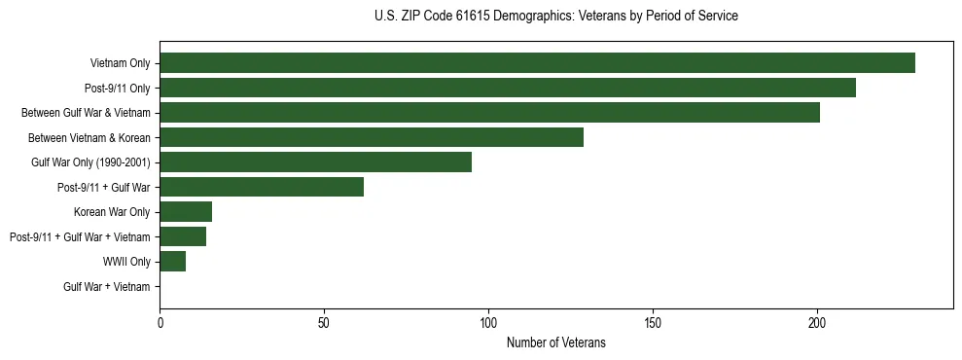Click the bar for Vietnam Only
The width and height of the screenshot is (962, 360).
(x=537, y=63)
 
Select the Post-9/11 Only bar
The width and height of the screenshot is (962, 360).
(x=508, y=88)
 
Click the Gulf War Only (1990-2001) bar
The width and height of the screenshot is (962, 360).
(x=315, y=162)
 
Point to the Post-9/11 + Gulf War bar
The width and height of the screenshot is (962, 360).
(x=262, y=187)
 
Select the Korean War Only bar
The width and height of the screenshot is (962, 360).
(x=186, y=212)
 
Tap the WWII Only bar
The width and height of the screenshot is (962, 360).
(x=172, y=262)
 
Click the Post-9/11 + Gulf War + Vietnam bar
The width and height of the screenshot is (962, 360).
(x=183, y=236)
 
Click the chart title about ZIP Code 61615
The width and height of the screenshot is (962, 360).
(x=555, y=17)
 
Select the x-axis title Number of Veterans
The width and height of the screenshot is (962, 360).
(x=555, y=342)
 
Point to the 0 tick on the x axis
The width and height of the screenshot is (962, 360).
(x=160, y=322)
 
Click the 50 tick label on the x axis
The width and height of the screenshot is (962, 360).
(x=324, y=322)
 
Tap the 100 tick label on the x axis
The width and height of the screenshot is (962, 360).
(x=488, y=322)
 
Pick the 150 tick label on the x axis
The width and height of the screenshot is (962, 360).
(x=653, y=322)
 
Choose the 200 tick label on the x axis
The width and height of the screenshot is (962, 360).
(x=817, y=322)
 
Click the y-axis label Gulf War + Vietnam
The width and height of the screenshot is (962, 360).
(x=107, y=287)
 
